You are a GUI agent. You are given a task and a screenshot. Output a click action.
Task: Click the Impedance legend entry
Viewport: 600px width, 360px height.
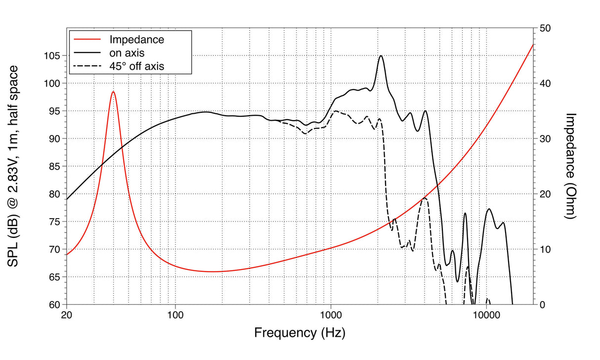(136, 39)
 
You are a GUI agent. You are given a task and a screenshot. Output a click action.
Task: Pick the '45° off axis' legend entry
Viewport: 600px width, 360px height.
(137, 65)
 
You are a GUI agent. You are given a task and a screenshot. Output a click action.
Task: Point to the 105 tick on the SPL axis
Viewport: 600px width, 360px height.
(52, 56)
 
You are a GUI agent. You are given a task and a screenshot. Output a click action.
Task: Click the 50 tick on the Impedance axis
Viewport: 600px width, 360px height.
(546, 28)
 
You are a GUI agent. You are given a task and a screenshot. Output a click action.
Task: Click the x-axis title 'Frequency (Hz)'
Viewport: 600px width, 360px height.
(300, 333)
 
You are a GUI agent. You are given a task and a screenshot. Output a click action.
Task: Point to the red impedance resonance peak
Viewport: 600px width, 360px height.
(113, 92)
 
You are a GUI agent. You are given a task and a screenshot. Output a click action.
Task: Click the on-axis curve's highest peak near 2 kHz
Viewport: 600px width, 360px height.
(381, 56)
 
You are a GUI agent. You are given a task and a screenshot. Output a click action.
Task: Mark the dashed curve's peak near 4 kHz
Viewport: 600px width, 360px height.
(424, 198)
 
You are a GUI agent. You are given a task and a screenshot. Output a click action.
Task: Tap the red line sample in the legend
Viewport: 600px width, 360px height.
(86, 39)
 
